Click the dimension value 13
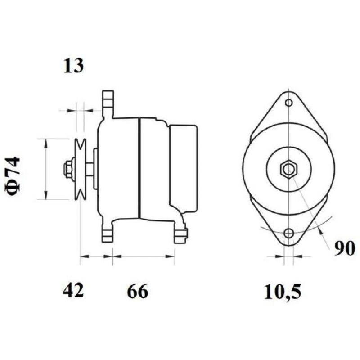[73, 66]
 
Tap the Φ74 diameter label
[12, 175]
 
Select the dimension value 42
[73, 291]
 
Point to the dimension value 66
[138, 291]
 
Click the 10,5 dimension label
[282, 292]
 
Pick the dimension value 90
[344, 249]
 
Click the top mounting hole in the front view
[289, 103]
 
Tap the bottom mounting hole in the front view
[289, 233]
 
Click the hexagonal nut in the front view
[289, 170]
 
